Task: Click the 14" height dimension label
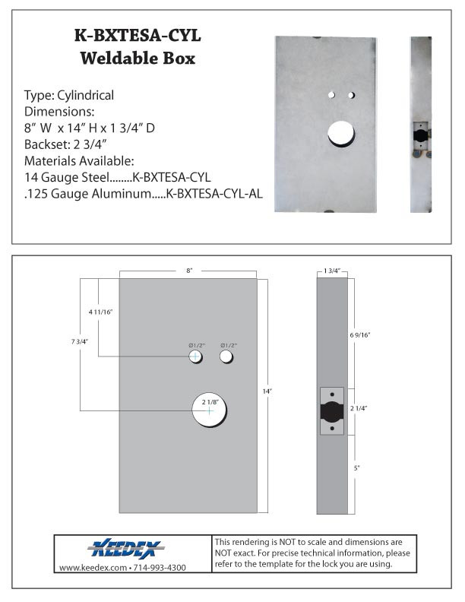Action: (x=268, y=390)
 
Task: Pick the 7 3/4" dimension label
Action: (x=78, y=341)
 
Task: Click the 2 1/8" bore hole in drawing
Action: (x=210, y=410)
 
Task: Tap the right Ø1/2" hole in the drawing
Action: (x=226, y=356)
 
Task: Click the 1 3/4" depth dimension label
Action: (x=332, y=271)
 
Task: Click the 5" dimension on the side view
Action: (x=357, y=469)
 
